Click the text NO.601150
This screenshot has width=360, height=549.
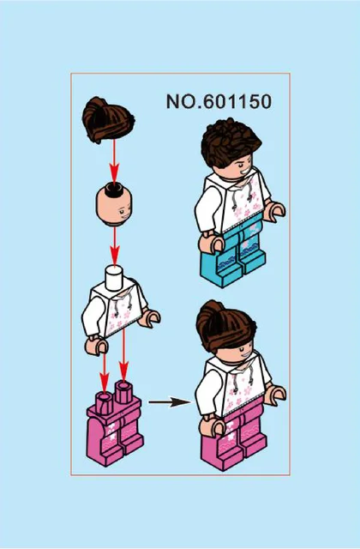tap(219, 101)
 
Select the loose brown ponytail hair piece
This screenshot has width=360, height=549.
tap(108, 120)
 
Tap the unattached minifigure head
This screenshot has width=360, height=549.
tap(114, 205)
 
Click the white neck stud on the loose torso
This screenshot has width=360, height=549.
tap(115, 278)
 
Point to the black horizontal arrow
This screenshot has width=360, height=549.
tap(170, 402)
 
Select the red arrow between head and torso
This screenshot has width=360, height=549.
tap(114, 245)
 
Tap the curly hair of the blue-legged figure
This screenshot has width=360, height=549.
tap(231, 142)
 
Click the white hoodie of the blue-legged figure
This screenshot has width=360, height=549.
tap(232, 202)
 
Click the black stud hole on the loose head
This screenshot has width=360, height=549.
tap(114, 189)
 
